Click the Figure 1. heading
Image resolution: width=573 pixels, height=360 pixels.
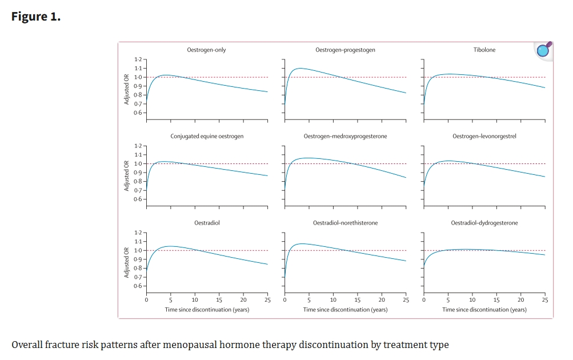(35, 17)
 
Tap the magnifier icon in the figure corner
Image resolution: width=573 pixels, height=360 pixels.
(543, 50)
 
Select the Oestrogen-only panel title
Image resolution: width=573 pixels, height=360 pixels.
(206, 50)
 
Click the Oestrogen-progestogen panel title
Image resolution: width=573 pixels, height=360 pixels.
(345, 50)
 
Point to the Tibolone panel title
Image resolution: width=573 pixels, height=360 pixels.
(484, 50)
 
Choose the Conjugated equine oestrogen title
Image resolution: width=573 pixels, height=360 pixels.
(207, 137)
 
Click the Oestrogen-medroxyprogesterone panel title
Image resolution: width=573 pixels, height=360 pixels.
(345, 137)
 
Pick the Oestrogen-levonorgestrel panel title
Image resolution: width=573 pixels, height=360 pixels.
(484, 137)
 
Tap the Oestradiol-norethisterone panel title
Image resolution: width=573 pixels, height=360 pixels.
(345, 223)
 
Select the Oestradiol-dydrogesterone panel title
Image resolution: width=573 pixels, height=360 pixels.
(484, 223)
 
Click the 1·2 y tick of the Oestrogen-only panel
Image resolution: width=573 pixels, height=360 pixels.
(138, 59)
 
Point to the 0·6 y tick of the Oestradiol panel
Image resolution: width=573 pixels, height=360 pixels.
(138, 286)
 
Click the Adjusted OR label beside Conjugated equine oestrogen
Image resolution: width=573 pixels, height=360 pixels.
(126, 176)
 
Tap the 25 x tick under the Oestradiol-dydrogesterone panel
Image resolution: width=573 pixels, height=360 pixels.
(544, 300)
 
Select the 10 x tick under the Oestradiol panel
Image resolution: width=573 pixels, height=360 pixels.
(195, 300)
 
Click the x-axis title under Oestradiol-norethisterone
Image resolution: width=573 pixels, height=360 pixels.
(345, 310)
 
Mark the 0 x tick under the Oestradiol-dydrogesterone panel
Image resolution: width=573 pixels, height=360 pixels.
(423, 300)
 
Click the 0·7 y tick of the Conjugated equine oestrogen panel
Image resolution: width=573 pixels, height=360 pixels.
(138, 190)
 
